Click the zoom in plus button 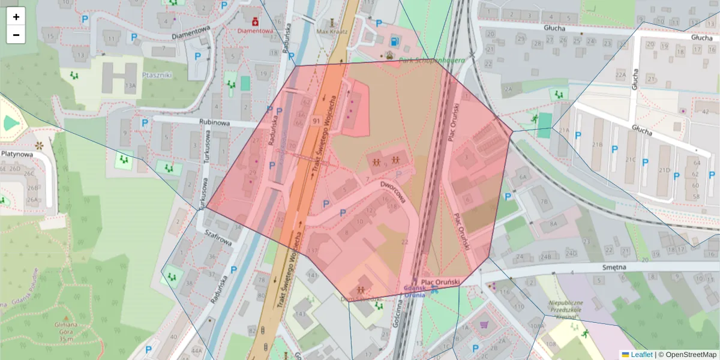point(16,17)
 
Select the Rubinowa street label point(214,122)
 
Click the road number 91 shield point(316,121)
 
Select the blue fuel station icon point(394,41)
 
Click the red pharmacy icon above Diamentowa point(255,20)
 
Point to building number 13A point(130,86)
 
